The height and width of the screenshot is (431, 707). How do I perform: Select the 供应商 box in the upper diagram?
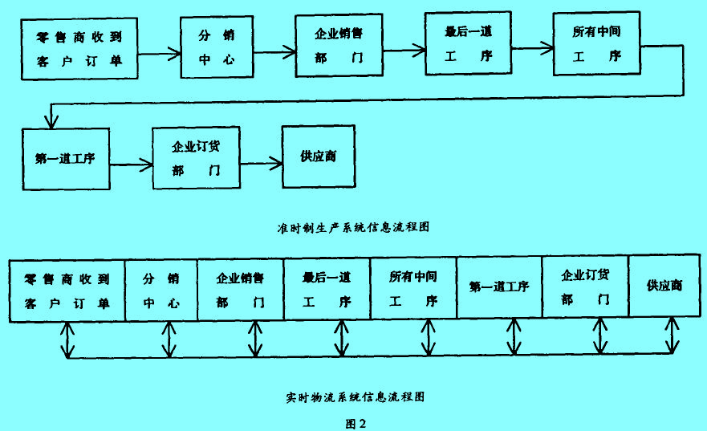click(318, 156)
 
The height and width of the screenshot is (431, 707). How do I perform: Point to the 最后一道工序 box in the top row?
click(467, 45)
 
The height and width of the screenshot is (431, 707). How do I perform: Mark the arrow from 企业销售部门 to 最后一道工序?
click(401, 48)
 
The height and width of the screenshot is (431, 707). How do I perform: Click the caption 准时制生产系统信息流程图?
click(352, 226)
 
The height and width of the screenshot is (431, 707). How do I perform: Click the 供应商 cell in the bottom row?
click(665, 287)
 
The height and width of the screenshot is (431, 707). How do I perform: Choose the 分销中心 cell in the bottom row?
click(161, 290)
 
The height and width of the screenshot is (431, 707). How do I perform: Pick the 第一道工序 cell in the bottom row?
click(498, 287)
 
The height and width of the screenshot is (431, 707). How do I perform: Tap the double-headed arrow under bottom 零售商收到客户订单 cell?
click(68, 340)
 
